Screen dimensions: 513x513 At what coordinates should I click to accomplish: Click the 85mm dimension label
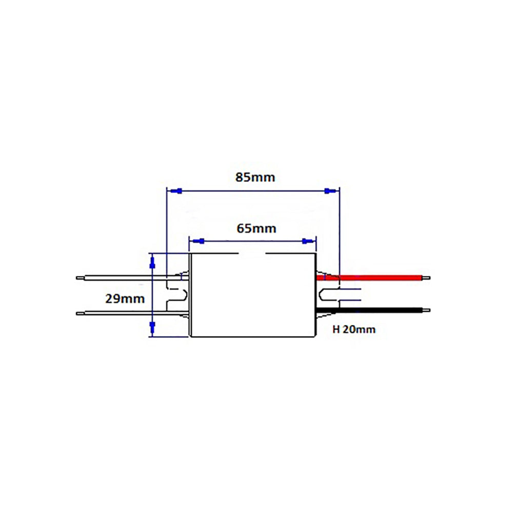[x=255, y=177]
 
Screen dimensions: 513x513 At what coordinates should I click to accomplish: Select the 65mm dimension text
[x=256, y=228]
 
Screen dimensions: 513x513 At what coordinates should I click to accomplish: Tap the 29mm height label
[x=125, y=298]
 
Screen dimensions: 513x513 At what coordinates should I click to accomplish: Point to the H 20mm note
[x=354, y=329]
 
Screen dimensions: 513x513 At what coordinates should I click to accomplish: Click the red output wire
[x=380, y=278]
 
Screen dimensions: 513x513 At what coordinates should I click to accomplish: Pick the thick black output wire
[x=380, y=309]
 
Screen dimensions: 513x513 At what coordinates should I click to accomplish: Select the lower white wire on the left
[x=123, y=312]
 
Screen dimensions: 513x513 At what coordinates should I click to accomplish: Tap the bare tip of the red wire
[x=426, y=278]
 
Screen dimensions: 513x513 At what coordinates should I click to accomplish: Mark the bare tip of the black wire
[x=426, y=309]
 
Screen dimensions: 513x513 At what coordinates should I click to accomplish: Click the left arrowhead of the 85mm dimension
[x=174, y=191]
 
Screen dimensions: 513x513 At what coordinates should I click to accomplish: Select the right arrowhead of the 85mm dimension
[x=331, y=191]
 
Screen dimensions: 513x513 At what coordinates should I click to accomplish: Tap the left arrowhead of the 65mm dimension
[x=199, y=241]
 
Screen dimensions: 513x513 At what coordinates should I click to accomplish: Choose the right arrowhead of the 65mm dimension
[x=307, y=241]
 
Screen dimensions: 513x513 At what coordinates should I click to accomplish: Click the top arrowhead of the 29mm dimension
[x=152, y=263]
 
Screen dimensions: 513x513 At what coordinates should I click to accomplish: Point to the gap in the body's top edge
[x=251, y=254]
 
